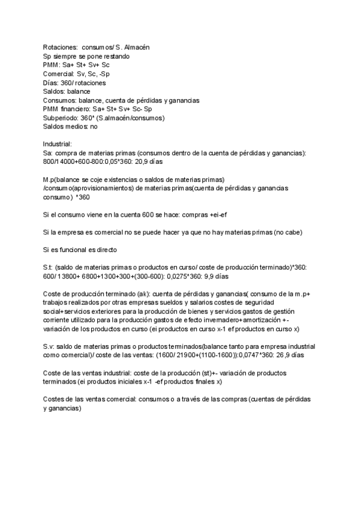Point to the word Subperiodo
click(61, 118)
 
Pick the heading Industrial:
click(58, 145)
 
